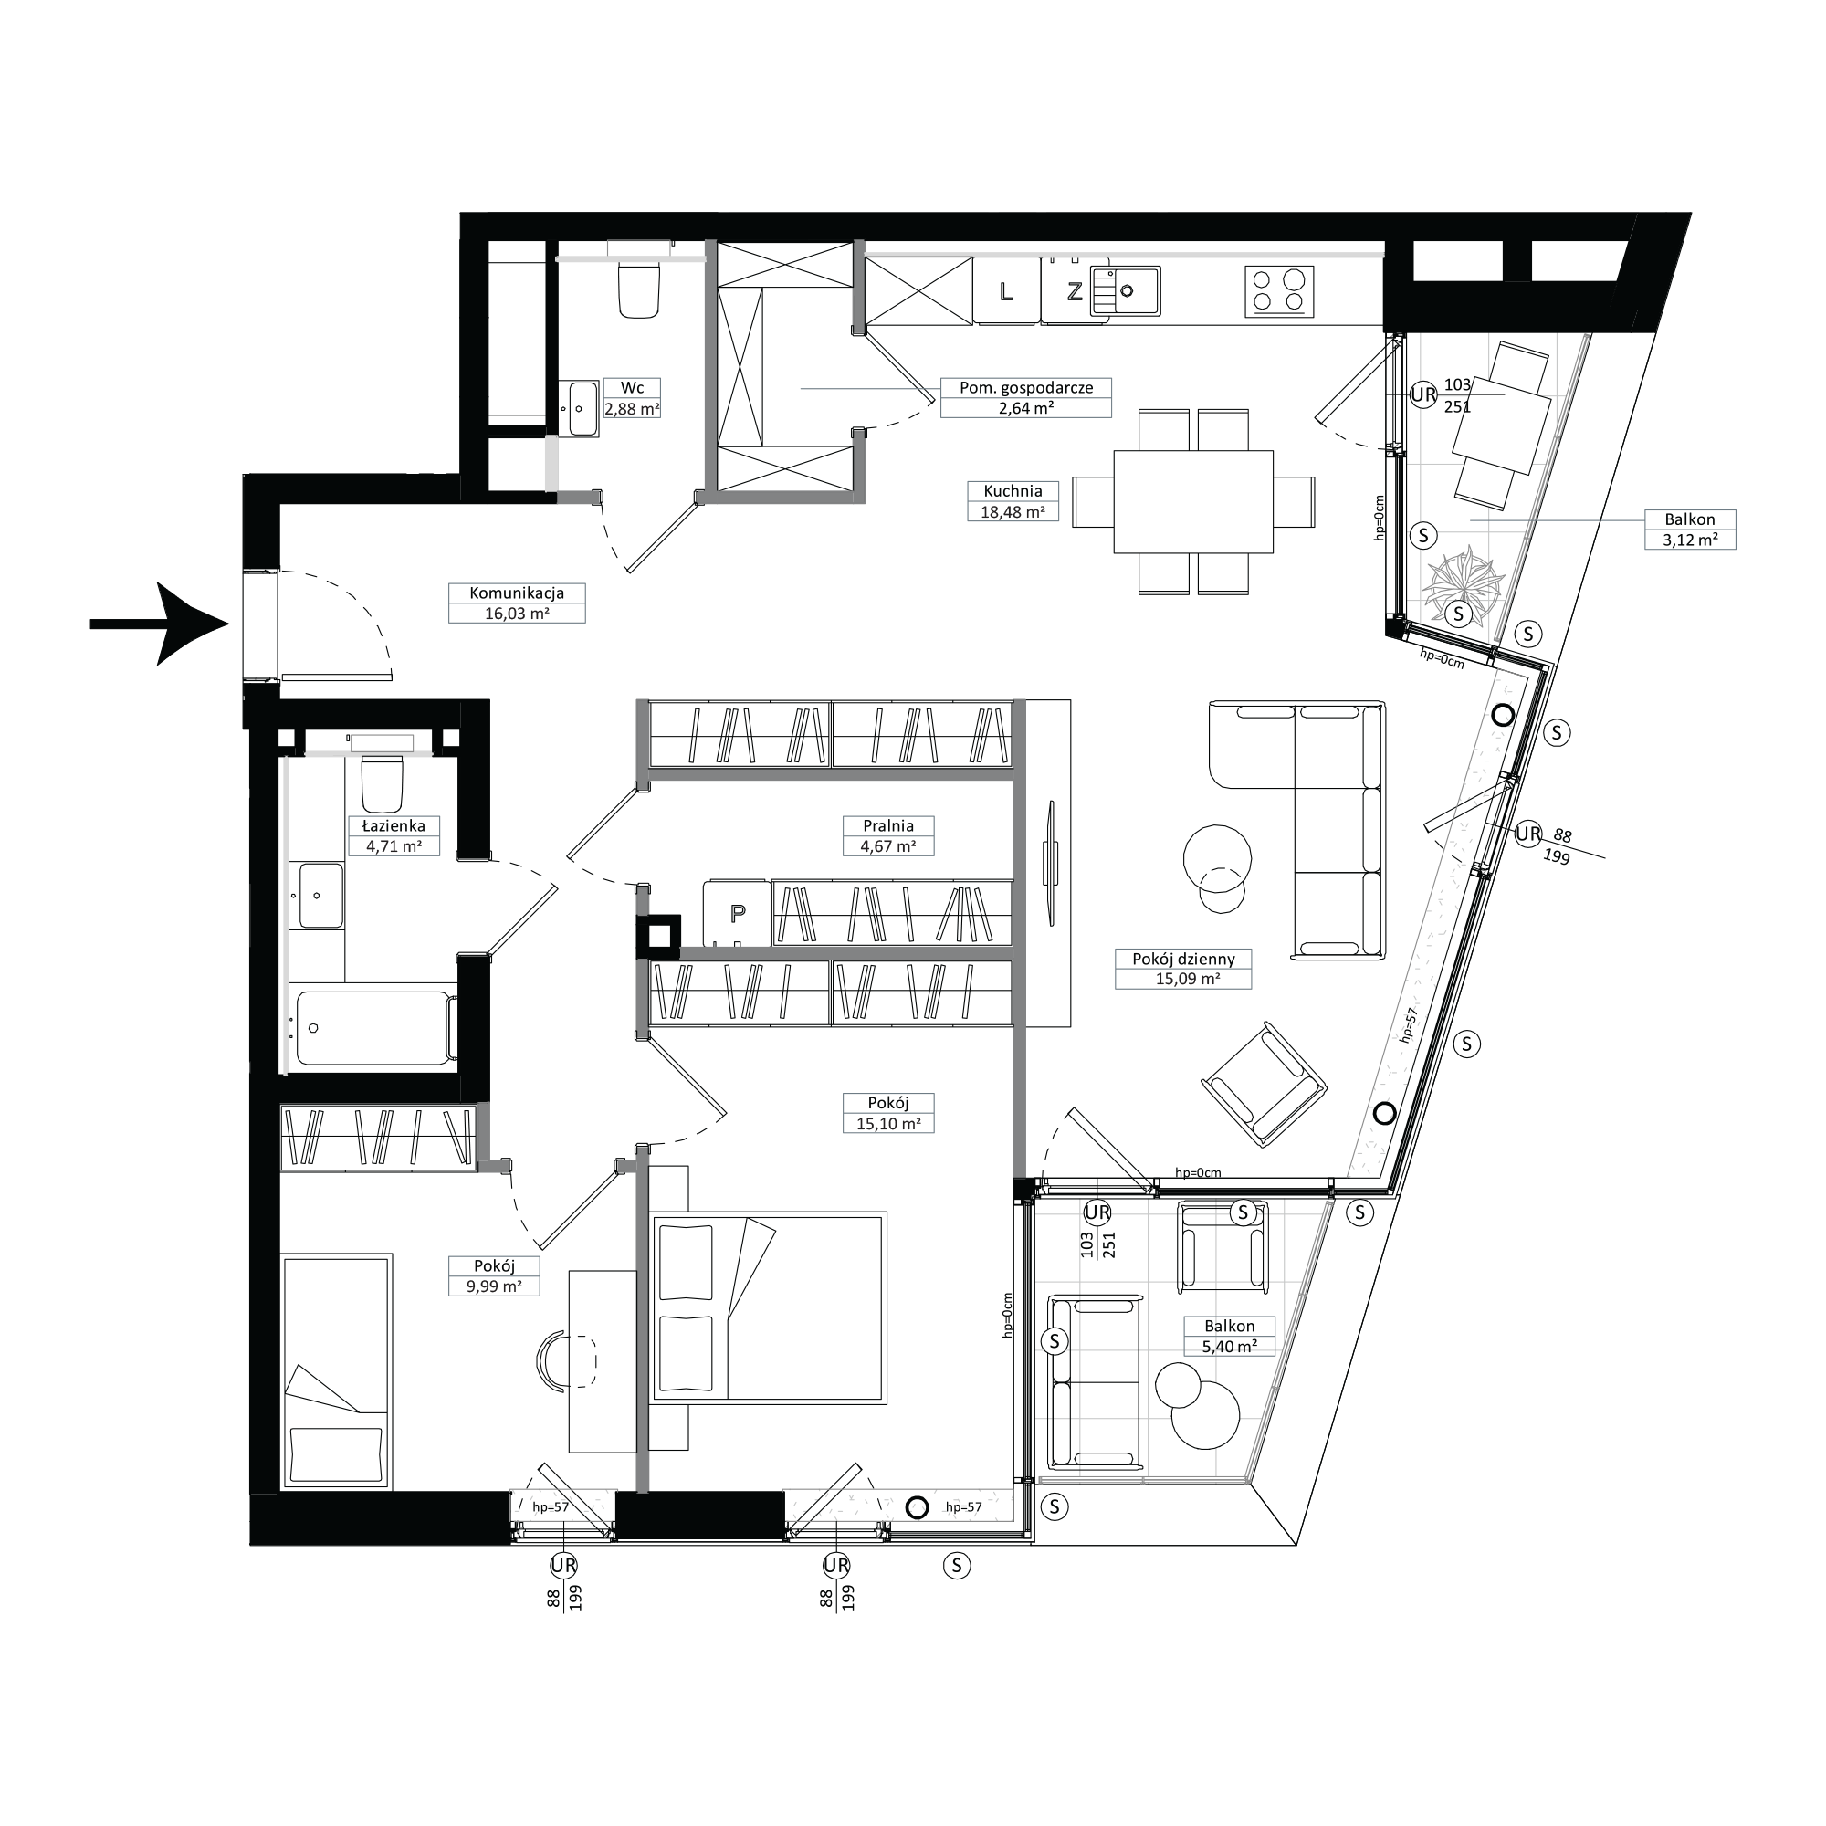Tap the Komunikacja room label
[517, 593]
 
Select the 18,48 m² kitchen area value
[1013, 512]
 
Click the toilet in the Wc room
[637, 289]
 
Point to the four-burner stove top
[1279, 291]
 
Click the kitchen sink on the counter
[1125, 290]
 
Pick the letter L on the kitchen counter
[1006, 291]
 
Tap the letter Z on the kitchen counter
[1075, 291]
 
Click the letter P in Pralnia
[738, 913]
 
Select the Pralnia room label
[887, 826]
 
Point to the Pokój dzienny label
[1183, 959]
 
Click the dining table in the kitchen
[1193, 502]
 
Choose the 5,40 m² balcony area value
[1229, 1347]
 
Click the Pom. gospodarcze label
[1026, 387]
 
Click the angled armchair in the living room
[1264, 1085]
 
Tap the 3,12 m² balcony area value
[1689, 540]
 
